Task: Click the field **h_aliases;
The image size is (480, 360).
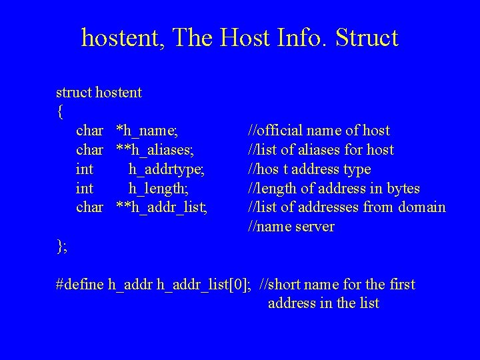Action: [156, 150]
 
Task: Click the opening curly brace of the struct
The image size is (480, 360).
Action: [61, 112]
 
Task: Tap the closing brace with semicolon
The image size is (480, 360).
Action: [62, 247]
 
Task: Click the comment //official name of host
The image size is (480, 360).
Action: [319, 131]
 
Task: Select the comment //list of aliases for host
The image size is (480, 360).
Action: [321, 150]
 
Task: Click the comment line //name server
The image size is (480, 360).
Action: [291, 227]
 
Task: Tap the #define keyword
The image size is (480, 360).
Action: [81, 285]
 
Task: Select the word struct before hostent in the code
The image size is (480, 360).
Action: [74, 92]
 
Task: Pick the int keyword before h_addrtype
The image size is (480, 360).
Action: [86, 169]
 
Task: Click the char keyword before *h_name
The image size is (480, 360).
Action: [90, 131]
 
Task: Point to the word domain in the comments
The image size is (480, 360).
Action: [422, 207]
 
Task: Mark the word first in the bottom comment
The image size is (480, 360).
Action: [400, 285]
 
